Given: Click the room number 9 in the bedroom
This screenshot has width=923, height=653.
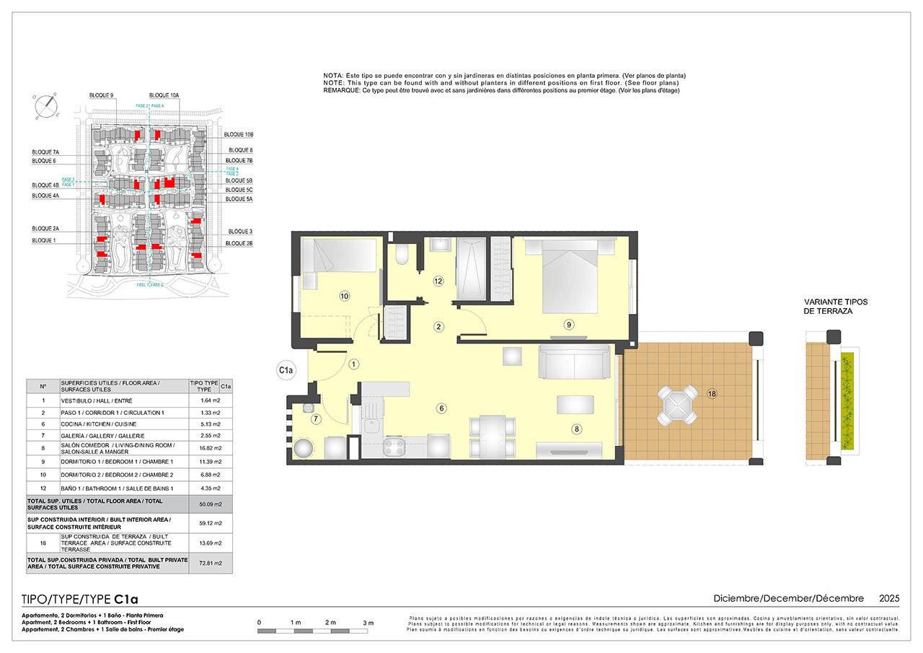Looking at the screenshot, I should tap(569, 325).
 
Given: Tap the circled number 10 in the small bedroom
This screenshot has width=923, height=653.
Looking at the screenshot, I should tap(344, 296).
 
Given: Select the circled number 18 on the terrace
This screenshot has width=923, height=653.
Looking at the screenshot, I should tap(712, 394).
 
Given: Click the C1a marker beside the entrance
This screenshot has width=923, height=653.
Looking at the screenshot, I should tap(286, 371).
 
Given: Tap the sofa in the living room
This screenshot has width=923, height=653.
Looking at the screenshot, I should tap(574, 361).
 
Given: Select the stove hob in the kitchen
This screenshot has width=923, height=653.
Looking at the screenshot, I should tap(396, 447).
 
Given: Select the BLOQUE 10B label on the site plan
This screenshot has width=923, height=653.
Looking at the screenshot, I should tap(239, 135).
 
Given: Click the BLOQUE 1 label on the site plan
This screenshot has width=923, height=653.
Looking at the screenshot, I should tap(43, 240).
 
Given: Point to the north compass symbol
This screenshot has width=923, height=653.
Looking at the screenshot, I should tap(45, 106).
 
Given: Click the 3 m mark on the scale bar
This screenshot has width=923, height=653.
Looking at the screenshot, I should tap(368, 622).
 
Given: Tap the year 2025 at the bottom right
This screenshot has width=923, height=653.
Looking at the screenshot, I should tap(888, 598).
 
